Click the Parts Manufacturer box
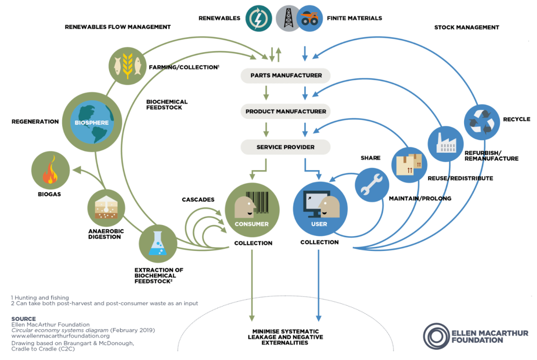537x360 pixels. tap(286, 75)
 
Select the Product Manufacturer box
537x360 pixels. tap(286, 111)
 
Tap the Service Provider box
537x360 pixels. tap(286, 147)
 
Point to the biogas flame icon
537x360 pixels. tap(50, 171)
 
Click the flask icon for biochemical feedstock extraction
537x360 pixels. tap(157, 243)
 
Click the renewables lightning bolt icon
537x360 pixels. tap(259, 18)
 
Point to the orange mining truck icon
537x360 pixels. tap(310, 18)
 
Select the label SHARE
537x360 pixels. tap(370, 158)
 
